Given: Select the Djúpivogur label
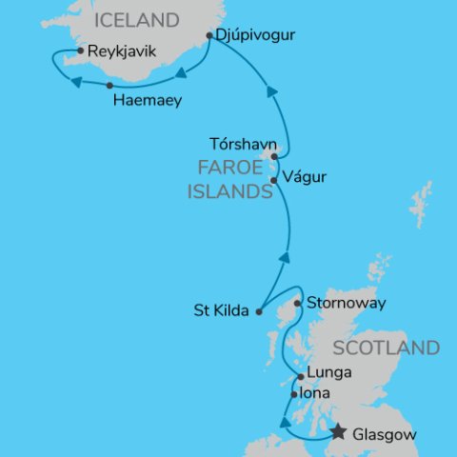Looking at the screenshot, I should click(250, 36).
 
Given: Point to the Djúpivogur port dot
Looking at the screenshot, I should click(209, 36).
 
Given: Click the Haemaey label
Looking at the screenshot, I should click(147, 99).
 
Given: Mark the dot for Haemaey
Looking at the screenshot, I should click(110, 86).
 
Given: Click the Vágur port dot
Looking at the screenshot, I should click(273, 180).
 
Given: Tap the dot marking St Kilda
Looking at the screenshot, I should click(259, 310).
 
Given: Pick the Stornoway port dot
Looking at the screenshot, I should click(298, 304).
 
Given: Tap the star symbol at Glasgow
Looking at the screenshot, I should click(337, 433).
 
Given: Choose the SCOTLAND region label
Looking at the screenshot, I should click(391, 348).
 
